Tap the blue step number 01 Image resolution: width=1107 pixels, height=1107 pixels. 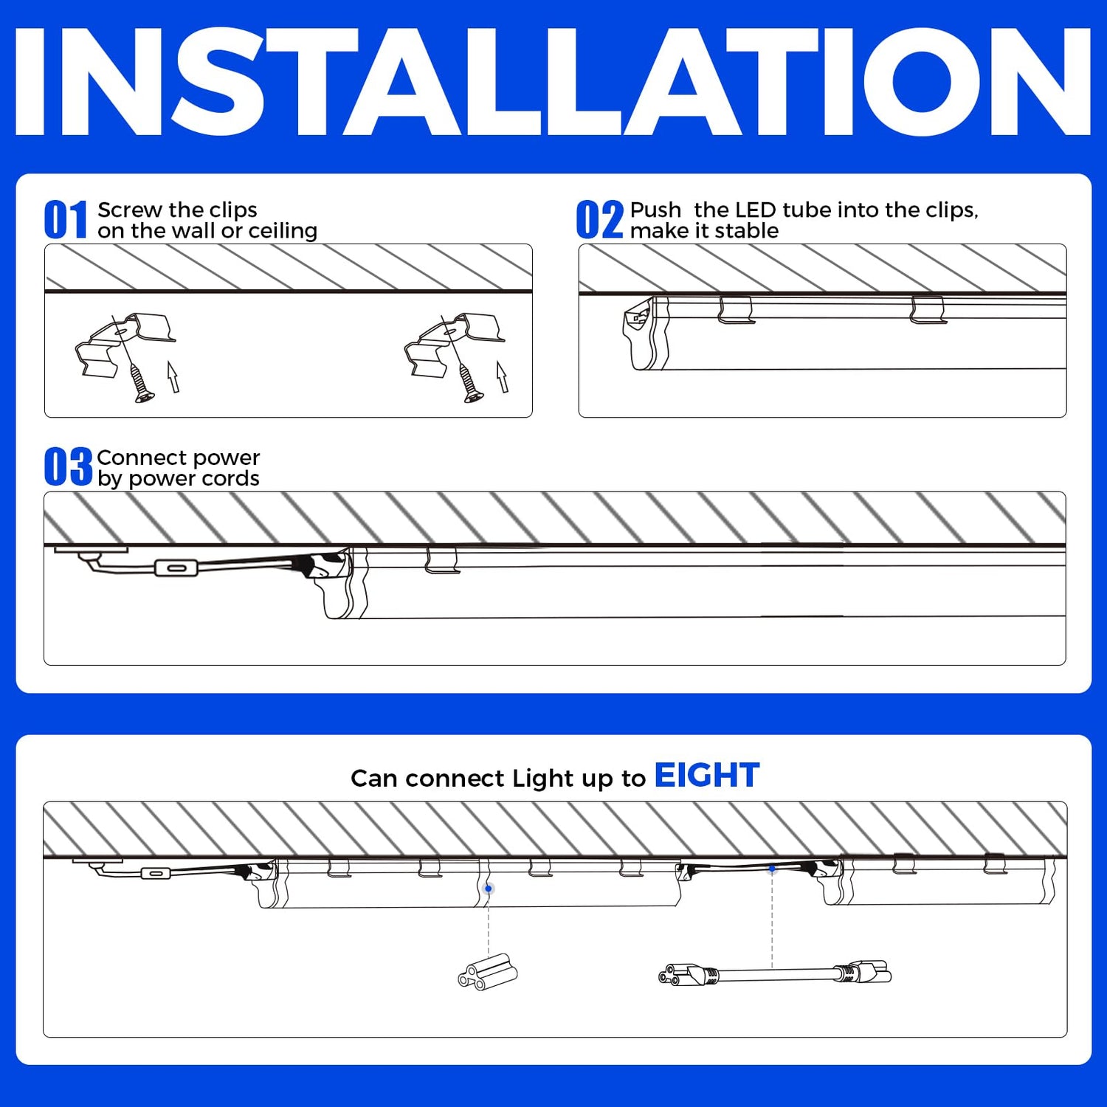tap(66, 220)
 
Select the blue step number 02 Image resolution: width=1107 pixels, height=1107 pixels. tap(600, 220)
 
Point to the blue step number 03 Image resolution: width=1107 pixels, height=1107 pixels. tap(68, 467)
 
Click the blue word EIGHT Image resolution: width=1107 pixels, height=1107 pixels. tap(707, 776)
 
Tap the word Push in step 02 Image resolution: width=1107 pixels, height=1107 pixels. tap(655, 210)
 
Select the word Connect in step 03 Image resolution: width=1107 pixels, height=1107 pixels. tap(142, 458)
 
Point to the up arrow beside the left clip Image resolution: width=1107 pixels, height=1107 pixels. tap(173, 377)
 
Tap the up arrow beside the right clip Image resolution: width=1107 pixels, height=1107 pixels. tap(502, 377)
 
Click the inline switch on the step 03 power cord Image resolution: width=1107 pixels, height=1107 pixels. tap(176, 568)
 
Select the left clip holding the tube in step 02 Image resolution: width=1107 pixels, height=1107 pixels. tap(736, 310)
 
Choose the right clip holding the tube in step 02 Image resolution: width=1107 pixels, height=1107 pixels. tap(928, 310)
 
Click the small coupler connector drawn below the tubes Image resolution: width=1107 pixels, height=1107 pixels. tap(488, 972)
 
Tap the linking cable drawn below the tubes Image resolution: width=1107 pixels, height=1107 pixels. tap(775, 973)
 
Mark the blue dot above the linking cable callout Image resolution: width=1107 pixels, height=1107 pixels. tap(772, 869)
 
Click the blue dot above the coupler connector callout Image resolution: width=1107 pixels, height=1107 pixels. tap(489, 889)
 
